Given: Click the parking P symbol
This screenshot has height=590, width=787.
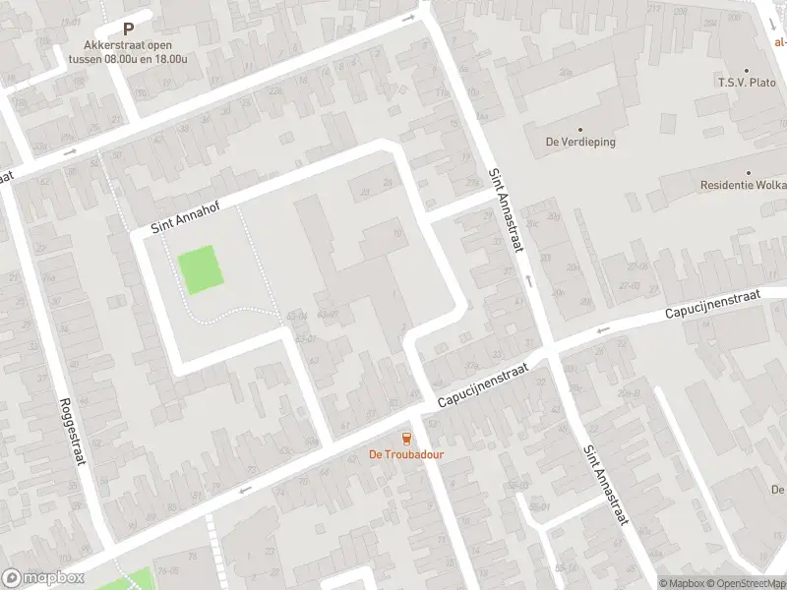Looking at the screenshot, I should click(x=128, y=29).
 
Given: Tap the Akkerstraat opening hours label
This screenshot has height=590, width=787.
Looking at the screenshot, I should click(x=128, y=51).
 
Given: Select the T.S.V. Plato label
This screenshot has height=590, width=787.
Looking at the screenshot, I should click(x=748, y=84).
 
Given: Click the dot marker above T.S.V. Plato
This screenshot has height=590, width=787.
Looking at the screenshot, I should click(x=747, y=71).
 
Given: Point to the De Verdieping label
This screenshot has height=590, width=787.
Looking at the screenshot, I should click(x=580, y=142).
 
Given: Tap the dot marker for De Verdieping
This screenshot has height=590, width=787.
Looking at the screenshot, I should click(x=579, y=130).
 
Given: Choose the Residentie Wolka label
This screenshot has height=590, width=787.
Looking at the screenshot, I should click(x=744, y=185).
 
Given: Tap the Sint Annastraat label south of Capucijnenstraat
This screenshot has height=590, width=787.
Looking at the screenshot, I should click(x=604, y=485).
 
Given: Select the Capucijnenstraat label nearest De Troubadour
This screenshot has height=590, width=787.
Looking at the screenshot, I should click(x=484, y=384).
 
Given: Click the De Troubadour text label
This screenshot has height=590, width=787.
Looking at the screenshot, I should click(x=406, y=454).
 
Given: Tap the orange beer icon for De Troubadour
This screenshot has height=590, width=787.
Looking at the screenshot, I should click(x=406, y=438).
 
